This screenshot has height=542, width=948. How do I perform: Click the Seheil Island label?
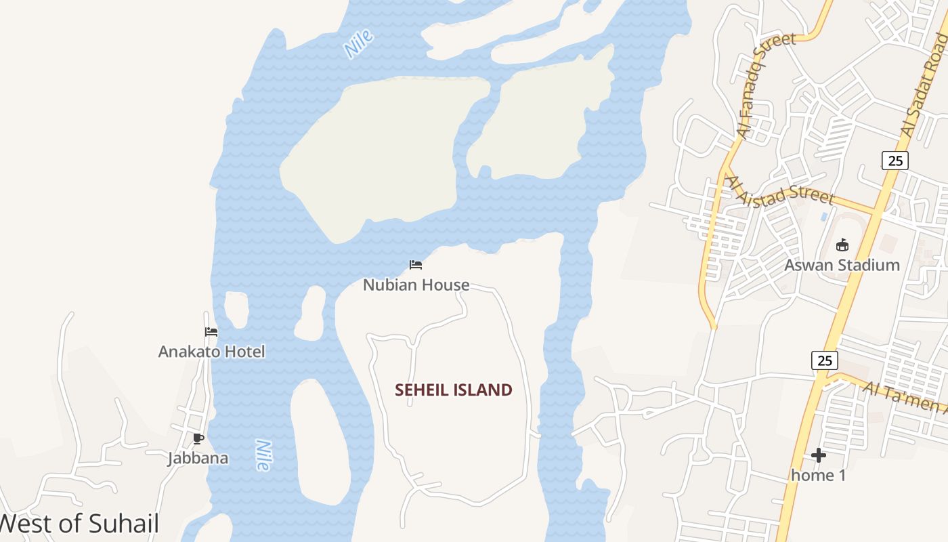453,390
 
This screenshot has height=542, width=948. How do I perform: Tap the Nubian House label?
416,285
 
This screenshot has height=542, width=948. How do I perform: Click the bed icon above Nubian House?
416,265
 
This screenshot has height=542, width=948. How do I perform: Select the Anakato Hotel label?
211,352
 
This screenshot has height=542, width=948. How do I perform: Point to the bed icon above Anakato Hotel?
211,332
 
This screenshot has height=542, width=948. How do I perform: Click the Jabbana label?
198,459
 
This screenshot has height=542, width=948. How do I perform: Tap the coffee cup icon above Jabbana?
198,439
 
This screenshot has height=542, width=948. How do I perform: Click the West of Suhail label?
79,524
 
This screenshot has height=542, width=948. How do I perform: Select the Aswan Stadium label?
842,265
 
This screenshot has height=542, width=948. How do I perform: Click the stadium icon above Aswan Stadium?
842,245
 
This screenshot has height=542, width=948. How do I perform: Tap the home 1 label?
818,476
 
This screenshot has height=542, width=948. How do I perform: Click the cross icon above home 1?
819,455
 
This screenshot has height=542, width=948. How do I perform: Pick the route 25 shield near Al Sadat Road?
895,161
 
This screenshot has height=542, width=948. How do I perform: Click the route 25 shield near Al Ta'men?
824,360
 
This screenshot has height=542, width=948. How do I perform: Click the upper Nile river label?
358,43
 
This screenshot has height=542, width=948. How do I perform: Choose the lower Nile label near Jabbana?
263,455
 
